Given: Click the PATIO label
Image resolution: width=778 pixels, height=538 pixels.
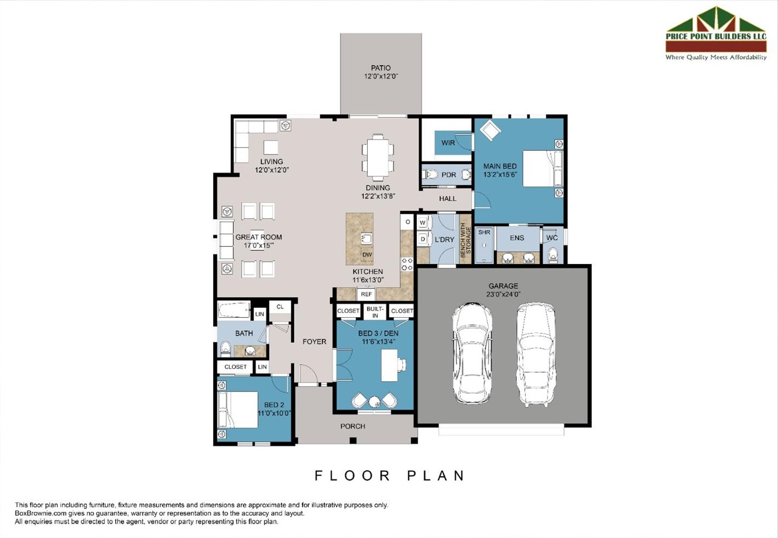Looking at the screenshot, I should coord(381,68).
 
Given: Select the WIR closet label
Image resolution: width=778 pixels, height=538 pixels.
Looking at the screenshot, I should coord(448,143).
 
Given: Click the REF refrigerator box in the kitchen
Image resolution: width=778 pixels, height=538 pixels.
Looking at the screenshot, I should coord(366,294).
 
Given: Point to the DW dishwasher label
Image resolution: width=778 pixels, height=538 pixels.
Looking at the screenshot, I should coord(367,255).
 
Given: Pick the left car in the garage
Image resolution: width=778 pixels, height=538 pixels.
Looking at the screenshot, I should coord(472,353).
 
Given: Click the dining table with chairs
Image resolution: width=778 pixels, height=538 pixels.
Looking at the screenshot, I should coord(378,157).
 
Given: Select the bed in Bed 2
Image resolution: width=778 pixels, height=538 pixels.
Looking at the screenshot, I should coord(239,410).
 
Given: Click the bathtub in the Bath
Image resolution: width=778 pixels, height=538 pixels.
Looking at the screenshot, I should coord(234,311).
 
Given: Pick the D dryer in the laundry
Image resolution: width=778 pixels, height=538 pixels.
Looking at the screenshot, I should coord(422,239).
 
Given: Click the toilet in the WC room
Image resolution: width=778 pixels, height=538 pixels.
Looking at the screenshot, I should coord(552,255).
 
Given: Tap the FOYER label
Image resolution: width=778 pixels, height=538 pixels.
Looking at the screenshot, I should coord(315,342).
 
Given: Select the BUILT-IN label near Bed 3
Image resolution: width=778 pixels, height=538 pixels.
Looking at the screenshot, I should coord(375,312).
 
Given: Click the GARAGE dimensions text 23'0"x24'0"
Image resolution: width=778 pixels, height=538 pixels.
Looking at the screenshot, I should coord(503,294).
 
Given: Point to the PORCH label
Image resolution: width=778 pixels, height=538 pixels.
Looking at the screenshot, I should coord(353,426).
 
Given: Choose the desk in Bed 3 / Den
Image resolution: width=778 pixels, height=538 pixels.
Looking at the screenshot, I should coord(390,365).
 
